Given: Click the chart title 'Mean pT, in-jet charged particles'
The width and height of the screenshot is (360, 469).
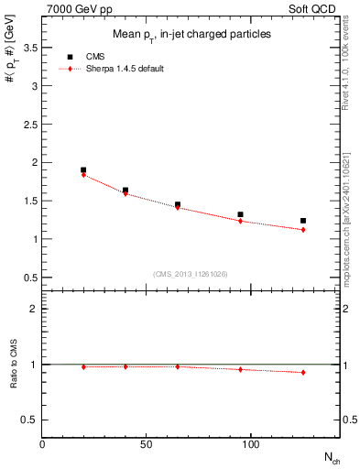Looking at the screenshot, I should click(x=192, y=34).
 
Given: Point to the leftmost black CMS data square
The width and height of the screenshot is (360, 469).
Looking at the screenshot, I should click(x=83, y=169).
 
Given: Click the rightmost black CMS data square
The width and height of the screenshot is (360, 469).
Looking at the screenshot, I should click(x=303, y=221).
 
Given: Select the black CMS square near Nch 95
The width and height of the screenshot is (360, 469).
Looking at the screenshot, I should click(x=240, y=214).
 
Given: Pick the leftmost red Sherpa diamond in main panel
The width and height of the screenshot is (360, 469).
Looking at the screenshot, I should click(x=83, y=174).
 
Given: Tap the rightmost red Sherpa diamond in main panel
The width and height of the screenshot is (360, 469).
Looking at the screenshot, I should click(x=303, y=230).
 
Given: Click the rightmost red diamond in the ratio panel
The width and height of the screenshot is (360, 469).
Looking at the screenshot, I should click(x=303, y=372).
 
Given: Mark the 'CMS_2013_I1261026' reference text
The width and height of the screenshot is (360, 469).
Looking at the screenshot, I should click(x=191, y=274).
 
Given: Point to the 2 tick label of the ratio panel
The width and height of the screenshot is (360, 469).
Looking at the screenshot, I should click(x=34, y=309).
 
